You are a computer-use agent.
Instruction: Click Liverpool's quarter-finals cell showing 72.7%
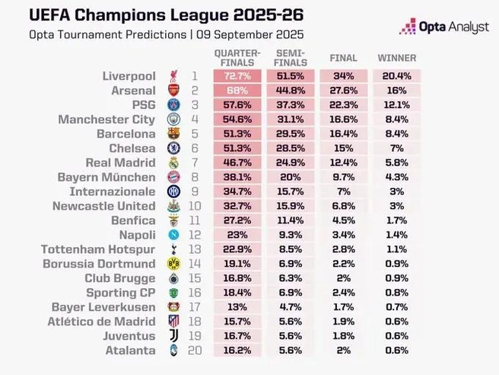(x=237, y=76)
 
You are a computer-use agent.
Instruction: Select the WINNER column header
(x=397, y=58)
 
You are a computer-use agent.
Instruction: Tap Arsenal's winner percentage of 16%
(x=397, y=91)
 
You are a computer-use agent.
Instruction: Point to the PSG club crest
(x=173, y=105)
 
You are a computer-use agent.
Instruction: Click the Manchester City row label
(x=107, y=120)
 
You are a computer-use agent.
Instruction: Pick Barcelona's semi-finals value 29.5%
(x=291, y=134)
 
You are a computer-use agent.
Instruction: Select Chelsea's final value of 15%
(x=344, y=149)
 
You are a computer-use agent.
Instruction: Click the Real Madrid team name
(x=121, y=162)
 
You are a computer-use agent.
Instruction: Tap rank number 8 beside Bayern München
(x=195, y=178)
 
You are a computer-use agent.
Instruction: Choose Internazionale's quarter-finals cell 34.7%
(x=237, y=191)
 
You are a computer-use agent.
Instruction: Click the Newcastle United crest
(x=173, y=207)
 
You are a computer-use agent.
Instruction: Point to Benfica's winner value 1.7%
(x=397, y=221)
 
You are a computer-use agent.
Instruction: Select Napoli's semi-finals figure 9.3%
(x=291, y=235)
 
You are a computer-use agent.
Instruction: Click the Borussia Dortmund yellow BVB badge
(x=173, y=264)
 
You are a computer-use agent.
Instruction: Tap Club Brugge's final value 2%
(x=344, y=278)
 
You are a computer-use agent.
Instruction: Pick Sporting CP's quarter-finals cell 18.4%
(x=237, y=293)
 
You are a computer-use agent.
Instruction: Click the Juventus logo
(x=173, y=336)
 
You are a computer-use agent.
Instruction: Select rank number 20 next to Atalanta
(x=195, y=351)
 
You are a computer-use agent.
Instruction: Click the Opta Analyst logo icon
(x=408, y=26)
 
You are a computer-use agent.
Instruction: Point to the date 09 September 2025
(x=250, y=34)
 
